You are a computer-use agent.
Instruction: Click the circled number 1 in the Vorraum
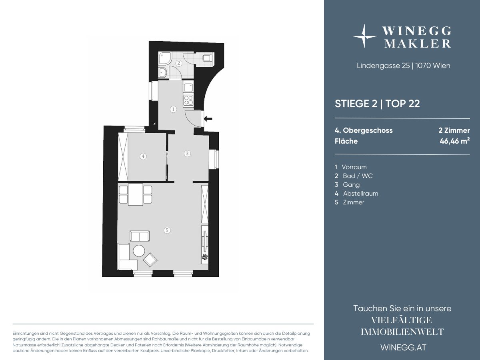[173, 109]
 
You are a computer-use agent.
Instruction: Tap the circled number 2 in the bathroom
[179, 63]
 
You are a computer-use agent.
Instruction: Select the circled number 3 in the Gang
[187, 154]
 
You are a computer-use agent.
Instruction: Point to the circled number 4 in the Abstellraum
[143, 156]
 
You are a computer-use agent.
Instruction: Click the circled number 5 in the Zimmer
[167, 230]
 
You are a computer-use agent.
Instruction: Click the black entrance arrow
[208, 119]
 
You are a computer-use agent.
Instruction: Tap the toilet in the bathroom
[207, 58]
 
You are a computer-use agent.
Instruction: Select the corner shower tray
[164, 58]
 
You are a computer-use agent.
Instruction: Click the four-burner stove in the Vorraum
[188, 100]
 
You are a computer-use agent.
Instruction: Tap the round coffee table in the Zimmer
[139, 251]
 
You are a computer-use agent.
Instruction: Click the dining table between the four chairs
[136, 194]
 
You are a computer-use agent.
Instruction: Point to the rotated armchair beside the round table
[150, 260]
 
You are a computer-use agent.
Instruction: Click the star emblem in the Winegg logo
[364, 36]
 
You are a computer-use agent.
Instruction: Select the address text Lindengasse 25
[383, 66]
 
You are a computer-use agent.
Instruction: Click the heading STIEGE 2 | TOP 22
[377, 104]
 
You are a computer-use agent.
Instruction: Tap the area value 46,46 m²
[455, 141]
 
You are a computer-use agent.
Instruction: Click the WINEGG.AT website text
[404, 348]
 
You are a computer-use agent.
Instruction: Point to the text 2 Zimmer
[454, 130]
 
